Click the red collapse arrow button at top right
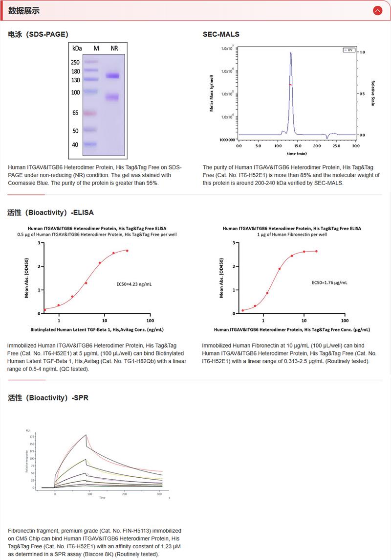coord(377,10)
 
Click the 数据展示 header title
coord(24,10)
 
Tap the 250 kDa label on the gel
coord(76,63)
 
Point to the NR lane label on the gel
coord(114,48)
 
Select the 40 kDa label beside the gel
coord(76,145)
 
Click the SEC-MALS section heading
coord(221,34)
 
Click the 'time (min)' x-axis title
coord(297,153)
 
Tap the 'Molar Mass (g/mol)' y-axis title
coord(212,93)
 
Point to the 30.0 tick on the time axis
coord(355,146)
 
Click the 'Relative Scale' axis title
coord(373,93)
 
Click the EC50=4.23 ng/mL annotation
coord(134,284)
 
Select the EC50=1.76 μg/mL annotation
coord(329,282)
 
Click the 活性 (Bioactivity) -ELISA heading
coord(51,213)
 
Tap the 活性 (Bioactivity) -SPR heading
coord(48,398)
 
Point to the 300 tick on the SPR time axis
coord(160,494)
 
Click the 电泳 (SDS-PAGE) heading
coord(38,34)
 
